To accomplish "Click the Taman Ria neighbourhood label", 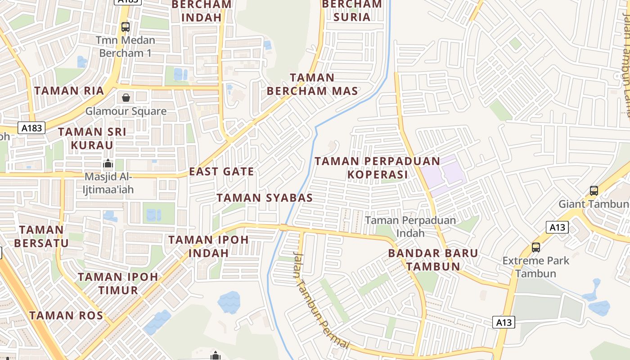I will coord(69,90).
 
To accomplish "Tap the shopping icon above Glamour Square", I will coord(126,97).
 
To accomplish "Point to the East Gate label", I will coord(221,171).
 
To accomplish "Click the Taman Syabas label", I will coord(265,198).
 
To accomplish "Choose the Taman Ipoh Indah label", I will coord(208,246).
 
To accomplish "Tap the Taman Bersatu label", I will coord(41,236).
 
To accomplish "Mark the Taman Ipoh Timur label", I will coord(118,283).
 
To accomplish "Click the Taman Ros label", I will coord(66,315).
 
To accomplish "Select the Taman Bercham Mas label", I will coord(312,84).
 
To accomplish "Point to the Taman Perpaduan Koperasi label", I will coord(377,167).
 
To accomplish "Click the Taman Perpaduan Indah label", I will coord(410,226).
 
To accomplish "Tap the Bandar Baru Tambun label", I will coord(433,259).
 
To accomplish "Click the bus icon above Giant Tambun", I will coord(594,190).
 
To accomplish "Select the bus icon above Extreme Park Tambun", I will coord(535,247).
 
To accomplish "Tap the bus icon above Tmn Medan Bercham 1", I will coord(126,27).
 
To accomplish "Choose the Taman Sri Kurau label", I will coord(92,138).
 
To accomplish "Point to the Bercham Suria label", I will coord(352,10).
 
